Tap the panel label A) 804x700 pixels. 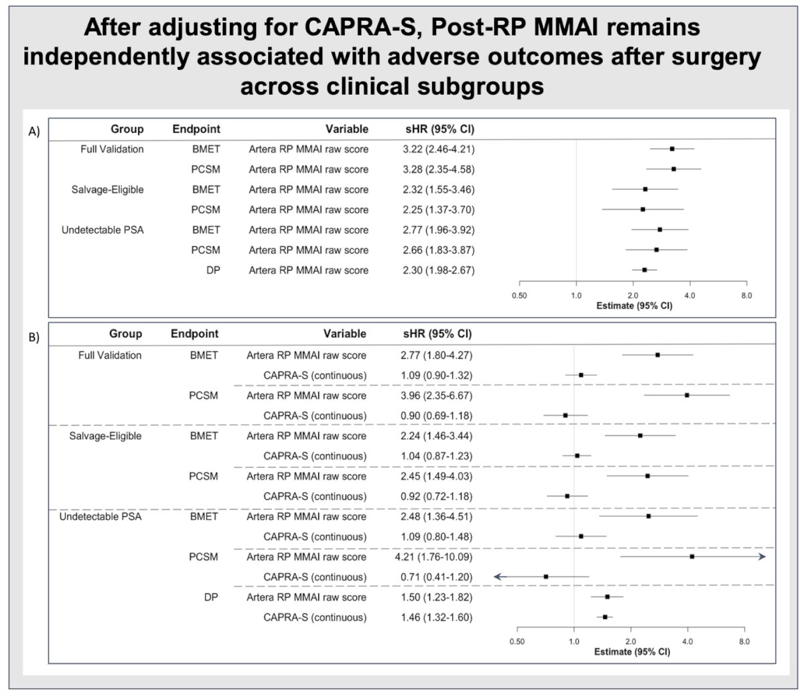click(x=34, y=131)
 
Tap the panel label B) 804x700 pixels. click(x=34, y=337)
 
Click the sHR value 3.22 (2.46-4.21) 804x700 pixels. click(x=439, y=150)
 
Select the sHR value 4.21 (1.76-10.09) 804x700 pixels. click(x=434, y=557)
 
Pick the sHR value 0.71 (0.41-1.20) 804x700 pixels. click(x=437, y=577)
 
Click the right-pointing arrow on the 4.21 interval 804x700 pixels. click(x=762, y=557)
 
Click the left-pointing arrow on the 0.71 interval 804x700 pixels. click(x=498, y=577)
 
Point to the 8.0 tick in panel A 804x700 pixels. click(x=746, y=295)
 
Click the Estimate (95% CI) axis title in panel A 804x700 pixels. click(x=634, y=306)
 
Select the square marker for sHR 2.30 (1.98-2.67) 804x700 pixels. click(x=645, y=270)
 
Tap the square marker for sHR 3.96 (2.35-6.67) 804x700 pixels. click(x=687, y=395)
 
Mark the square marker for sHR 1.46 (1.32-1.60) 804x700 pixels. click(x=605, y=617)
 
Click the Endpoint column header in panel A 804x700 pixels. click(x=196, y=129)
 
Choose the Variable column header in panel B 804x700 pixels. click(x=344, y=333)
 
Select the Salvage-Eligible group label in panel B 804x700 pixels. click(x=105, y=436)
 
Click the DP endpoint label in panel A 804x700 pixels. click(x=213, y=270)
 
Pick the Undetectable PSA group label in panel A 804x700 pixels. click(x=103, y=230)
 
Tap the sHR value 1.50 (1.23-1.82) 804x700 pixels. click(x=437, y=597)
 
